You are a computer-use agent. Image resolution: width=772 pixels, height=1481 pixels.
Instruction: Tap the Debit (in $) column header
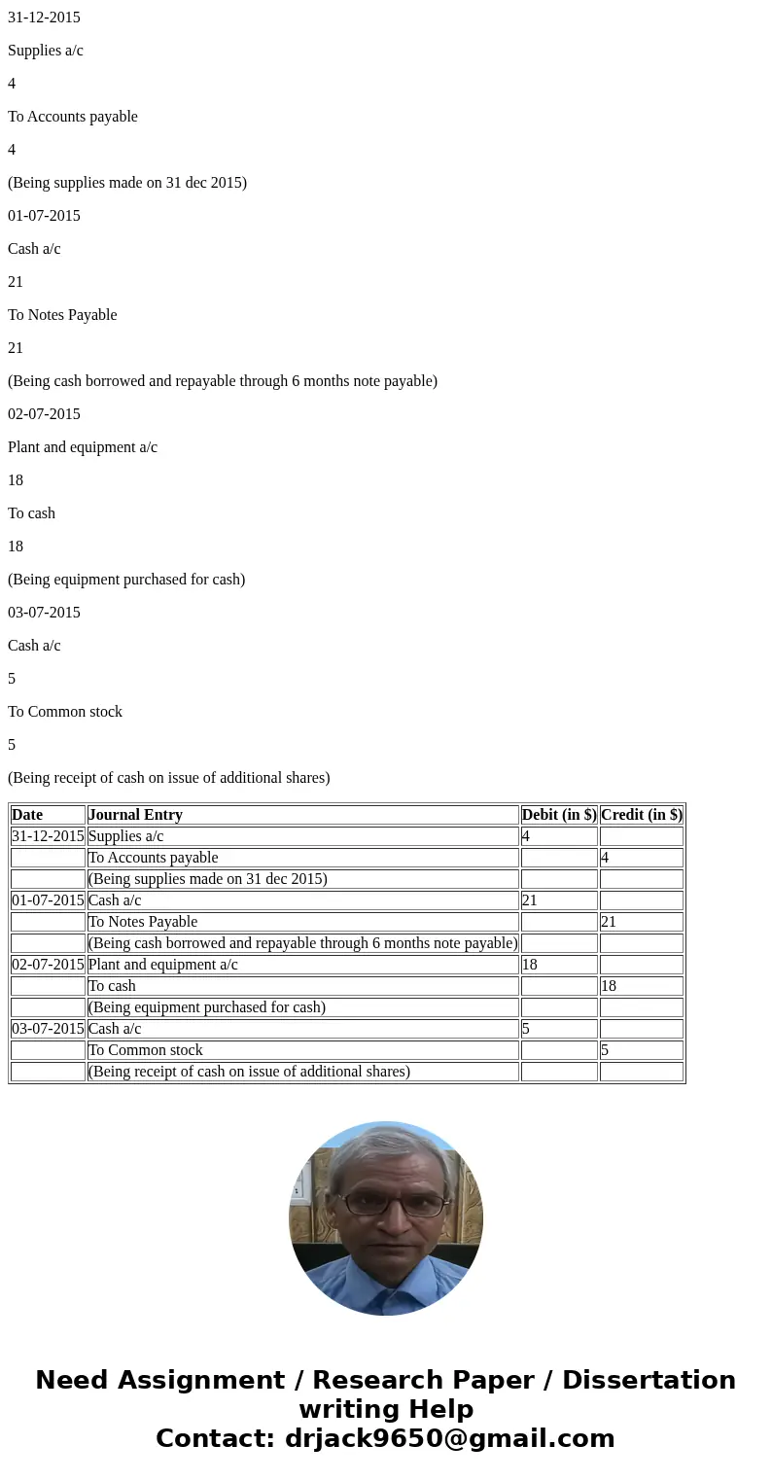point(559,815)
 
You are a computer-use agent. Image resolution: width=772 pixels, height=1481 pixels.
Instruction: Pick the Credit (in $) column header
point(642,815)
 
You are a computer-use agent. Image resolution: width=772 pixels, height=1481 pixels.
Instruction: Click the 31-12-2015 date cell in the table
point(48,836)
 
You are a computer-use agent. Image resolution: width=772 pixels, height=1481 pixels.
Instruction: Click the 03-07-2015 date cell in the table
point(48,1029)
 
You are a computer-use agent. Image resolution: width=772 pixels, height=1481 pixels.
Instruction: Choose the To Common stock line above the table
point(65,712)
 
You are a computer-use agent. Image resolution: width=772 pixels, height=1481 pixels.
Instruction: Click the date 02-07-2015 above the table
point(44,414)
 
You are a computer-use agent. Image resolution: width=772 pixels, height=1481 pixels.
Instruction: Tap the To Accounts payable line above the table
point(73,117)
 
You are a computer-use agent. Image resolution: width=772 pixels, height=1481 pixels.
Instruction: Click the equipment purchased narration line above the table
point(126,580)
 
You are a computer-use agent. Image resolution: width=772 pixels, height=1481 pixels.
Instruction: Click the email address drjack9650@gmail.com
point(449,1438)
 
